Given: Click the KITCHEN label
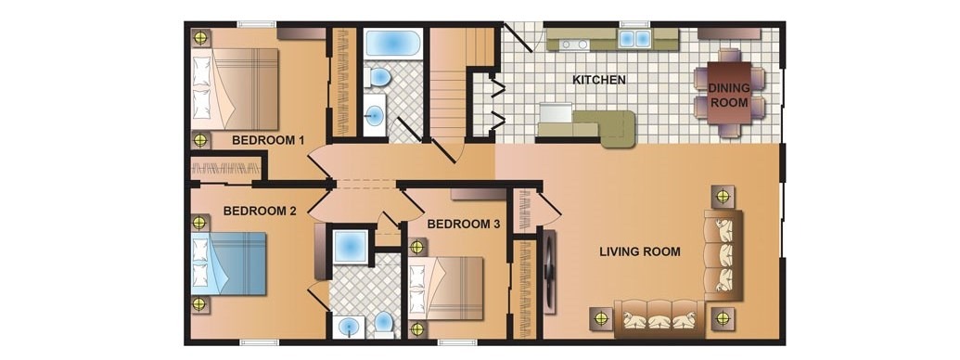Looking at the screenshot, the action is click(x=599, y=80).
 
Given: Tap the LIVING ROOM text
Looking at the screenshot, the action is click(x=640, y=251).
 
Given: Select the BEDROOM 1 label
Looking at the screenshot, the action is click(x=268, y=140).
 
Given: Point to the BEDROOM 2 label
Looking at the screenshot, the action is click(x=260, y=212).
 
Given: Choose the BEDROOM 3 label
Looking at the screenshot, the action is click(x=464, y=225).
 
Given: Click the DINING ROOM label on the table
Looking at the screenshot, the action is click(x=728, y=95).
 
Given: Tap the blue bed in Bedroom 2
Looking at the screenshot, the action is click(x=229, y=264).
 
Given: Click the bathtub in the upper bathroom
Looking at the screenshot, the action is click(x=392, y=43).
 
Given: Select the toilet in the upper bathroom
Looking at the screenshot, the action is click(x=378, y=78).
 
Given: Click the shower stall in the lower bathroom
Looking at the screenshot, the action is click(x=351, y=247).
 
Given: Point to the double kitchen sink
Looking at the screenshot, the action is click(x=634, y=39).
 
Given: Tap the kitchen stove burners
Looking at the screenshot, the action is click(x=574, y=45).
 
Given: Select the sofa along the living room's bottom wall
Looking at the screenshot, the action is click(x=659, y=318).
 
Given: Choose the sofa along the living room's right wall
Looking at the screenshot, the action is click(x=723, y=254).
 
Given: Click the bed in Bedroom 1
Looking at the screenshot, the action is click(x=235, y=89).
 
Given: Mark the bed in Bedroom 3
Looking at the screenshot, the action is click(x=446, y=289).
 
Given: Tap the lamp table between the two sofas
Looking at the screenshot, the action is click(x=723, y=318).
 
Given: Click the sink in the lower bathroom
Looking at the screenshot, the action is click(x=350, y=327).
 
